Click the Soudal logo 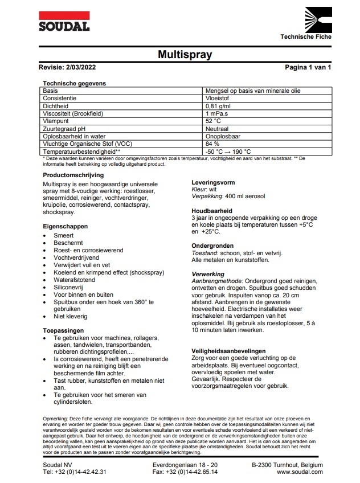64,21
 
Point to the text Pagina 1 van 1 308,68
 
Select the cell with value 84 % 211,144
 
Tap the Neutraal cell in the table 217,129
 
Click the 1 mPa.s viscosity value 216,113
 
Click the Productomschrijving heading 73,175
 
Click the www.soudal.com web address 300,472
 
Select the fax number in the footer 185,472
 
